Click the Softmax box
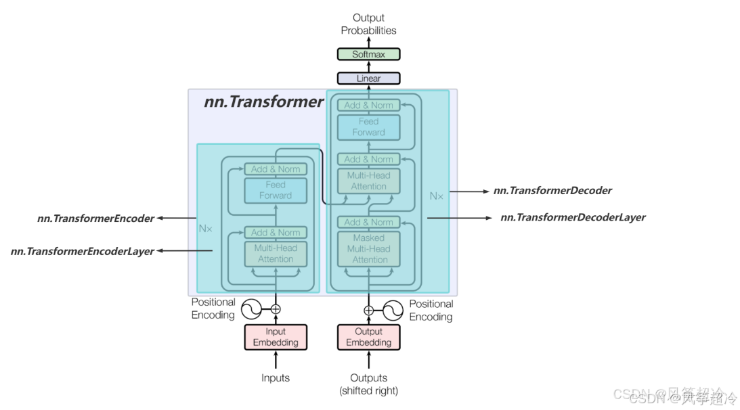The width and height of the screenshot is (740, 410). (368, 54)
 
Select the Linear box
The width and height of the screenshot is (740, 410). (368, 78)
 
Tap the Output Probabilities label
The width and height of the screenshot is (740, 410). (368, 24)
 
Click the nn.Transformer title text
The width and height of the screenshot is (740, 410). (263, 102)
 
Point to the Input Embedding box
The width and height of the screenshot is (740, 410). (276, 337)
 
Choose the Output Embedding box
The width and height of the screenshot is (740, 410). (368, 337)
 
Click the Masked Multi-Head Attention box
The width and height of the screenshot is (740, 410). (369, 249)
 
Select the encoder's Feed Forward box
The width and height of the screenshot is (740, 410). (276, 190)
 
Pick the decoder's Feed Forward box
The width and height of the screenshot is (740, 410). (368, 127)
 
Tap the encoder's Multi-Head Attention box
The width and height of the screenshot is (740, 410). (276, 254)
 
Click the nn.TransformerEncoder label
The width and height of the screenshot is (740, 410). (95, 219)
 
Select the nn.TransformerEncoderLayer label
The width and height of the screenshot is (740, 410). (82, 252)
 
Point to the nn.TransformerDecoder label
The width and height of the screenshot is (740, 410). (552, 191)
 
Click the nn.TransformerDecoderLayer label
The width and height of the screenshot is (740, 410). (573, 218)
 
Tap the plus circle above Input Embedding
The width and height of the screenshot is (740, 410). (276, 309)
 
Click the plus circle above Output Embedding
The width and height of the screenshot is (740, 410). (368, 311)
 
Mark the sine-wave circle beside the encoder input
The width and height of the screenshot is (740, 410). (252, 309)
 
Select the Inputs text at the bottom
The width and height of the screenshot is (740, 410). (276, 378)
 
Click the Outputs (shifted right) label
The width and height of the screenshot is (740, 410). (368, 384)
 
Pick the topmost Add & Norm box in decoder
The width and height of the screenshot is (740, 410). (368, 106)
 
